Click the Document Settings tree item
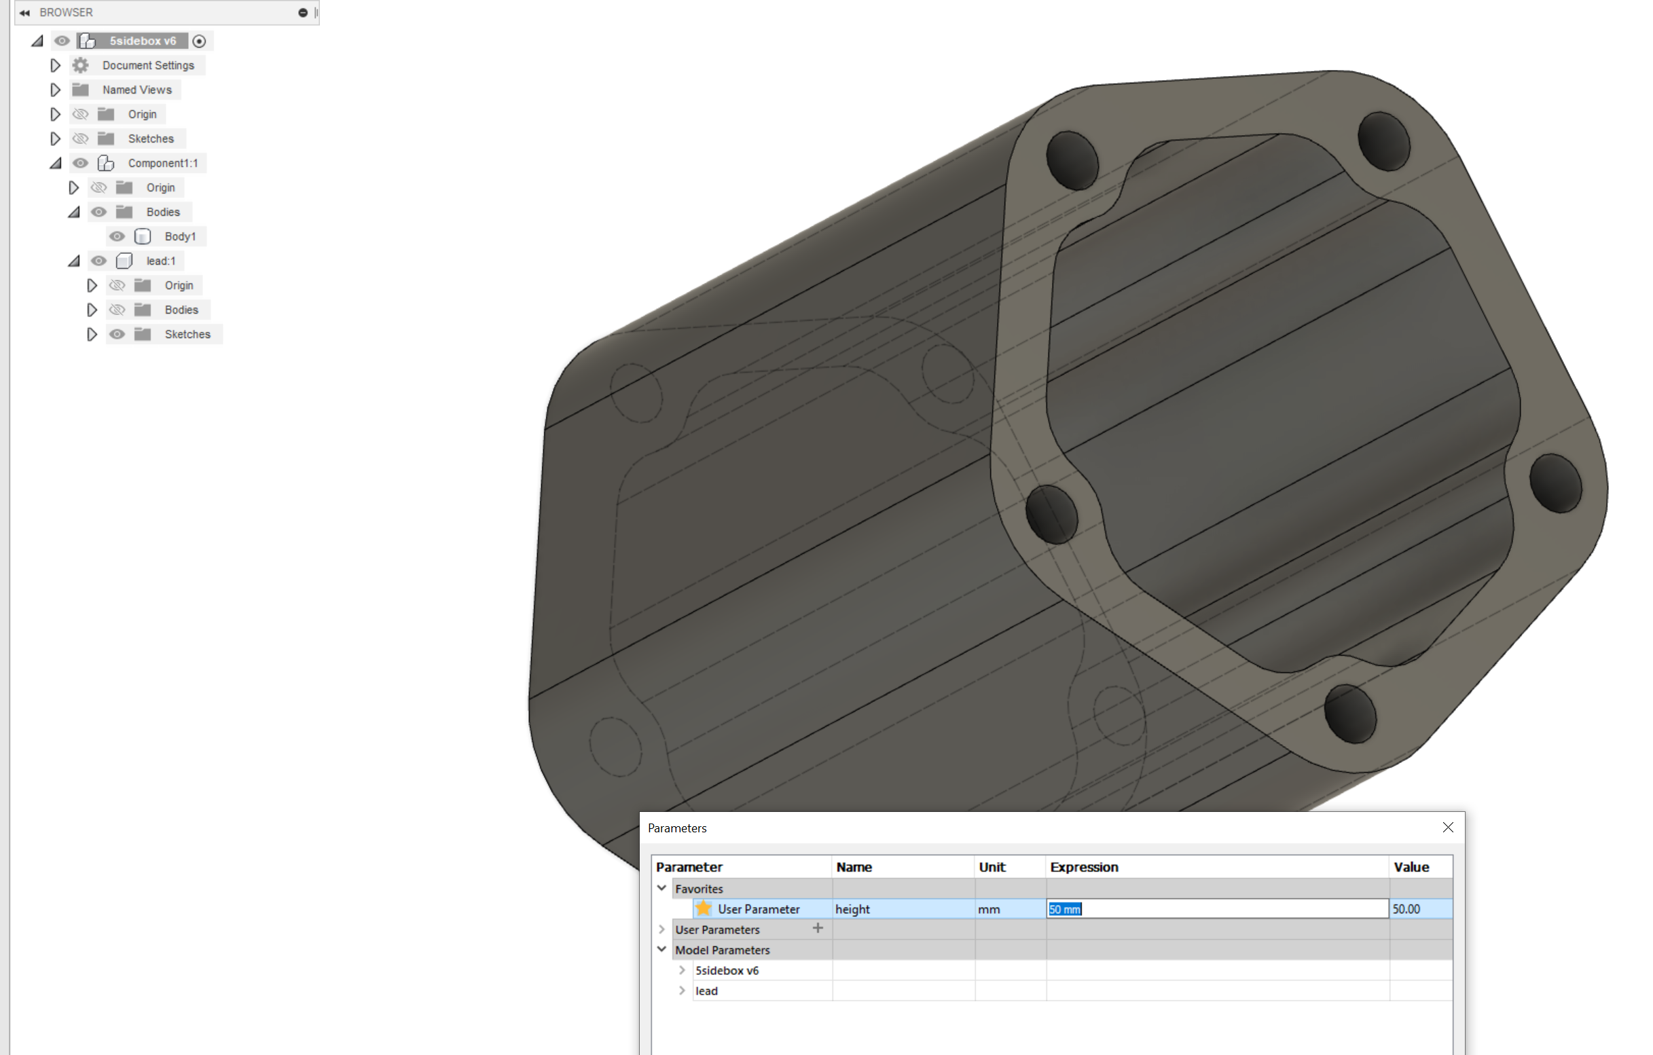[x=147, y=65]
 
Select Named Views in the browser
[x=137, y=90]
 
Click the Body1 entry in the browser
[x=180, y=237]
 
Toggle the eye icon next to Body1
[x=117, y=237]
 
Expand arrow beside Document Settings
[x=56, y=65]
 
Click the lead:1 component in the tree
[x=161, y=261]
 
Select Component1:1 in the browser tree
[x=162, y=164]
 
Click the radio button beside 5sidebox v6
[x=199, y=41]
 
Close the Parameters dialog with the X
[x=1448, y=828]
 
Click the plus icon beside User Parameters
[x=818, y=929]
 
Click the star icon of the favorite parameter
[x=704, y=909]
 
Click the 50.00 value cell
[x=1419, y=909]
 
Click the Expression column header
[x=1083, y=867]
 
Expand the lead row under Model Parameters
[x=682, y=991]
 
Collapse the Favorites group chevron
[x=661, y=888]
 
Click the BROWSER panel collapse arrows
[x=24, y=12]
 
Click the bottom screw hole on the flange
[x=1349, y=715]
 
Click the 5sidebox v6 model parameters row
[x=726, y=971]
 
